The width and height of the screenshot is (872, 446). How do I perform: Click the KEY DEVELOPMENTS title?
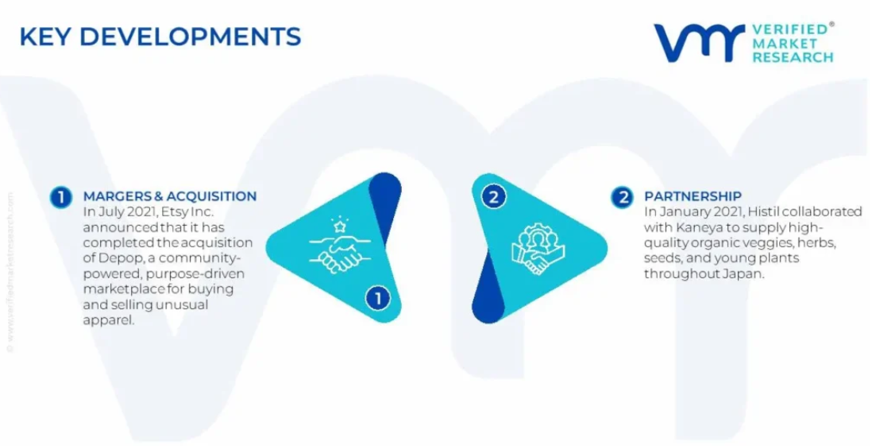(x=160, y=37)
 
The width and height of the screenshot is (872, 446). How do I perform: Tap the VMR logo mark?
(x=700, y=42)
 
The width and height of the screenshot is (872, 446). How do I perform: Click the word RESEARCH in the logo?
(x=793, y=56)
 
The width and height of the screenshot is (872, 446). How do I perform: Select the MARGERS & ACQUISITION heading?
(x=170, y=196)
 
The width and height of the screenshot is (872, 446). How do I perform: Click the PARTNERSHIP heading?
(x=693, y=196)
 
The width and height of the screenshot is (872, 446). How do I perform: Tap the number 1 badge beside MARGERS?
(x=60, y=197)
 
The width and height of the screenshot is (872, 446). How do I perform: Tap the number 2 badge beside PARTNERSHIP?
(x=622, y=197)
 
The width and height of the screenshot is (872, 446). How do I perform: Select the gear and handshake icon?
(x=537, y=248)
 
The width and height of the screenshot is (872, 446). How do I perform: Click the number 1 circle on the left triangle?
(x=377, y=298)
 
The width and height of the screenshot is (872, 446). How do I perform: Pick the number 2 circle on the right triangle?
(x=493, y=196)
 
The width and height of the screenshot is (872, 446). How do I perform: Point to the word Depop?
(x=114, y=258)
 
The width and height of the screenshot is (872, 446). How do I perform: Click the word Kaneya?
(x=693, y=227)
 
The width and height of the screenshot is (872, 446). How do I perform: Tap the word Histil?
(x=763, y=211)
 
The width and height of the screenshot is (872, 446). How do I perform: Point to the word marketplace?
(x=124, y=289)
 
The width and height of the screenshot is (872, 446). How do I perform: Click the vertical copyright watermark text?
(x=10, y=272)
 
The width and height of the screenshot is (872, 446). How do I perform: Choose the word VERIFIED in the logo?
(x=790, y=29)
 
